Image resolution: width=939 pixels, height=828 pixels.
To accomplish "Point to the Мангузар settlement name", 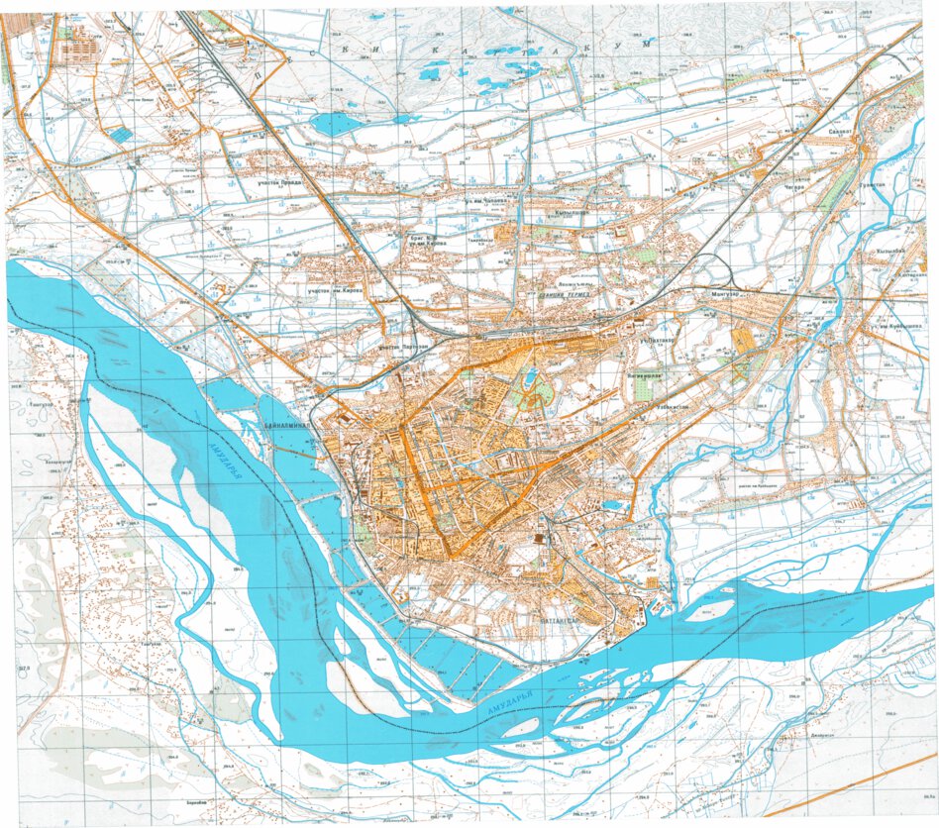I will [x=728, y=295].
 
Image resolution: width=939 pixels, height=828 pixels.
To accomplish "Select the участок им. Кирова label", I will [x=335, y=291].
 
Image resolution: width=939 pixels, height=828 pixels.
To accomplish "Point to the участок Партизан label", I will [x=403, y=348].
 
